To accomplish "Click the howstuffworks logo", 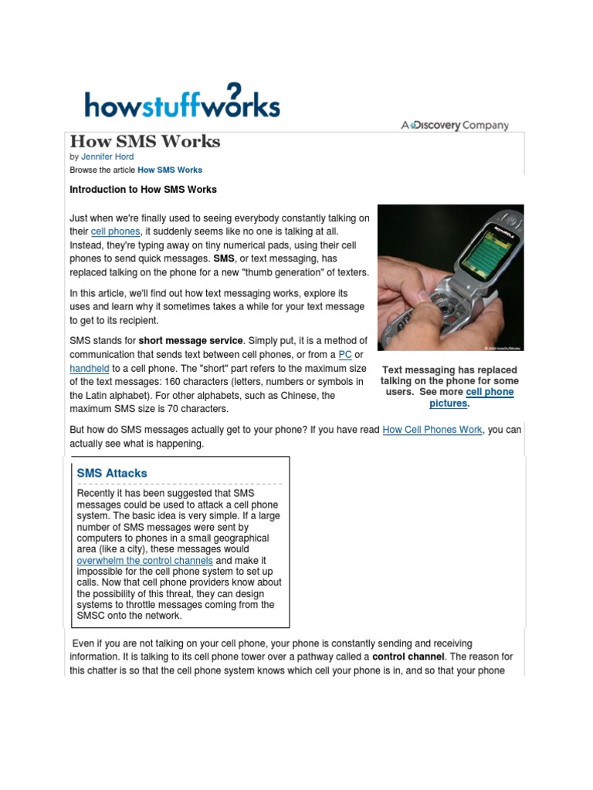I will [x=182, y=103].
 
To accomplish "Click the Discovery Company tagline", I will [x=455, y=125].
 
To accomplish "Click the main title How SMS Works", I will [x=144, y=141].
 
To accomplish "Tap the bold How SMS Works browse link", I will [x=170, y=170].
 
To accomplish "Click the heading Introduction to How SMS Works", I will [x=143, y=189].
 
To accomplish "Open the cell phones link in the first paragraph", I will [x=115, y=231].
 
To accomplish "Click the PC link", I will [x=345, y=355].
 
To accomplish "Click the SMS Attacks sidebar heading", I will [x=112, y=473].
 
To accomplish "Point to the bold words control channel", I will [x=408, y=657].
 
